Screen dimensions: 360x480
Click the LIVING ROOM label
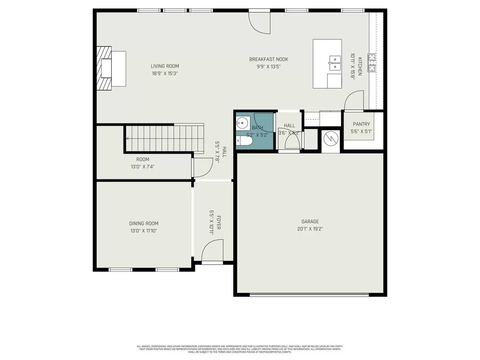point(165,66)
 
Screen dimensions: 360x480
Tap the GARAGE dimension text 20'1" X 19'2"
point(310,229)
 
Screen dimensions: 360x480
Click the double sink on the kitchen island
point(335,63)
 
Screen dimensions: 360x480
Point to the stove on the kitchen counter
point(372,62)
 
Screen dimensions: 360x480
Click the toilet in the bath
point(244,142)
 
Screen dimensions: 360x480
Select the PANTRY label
point(361,124)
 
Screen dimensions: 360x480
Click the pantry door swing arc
point(353,100)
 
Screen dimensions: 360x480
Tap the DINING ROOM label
point(144,223)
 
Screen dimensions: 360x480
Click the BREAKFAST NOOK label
point(269,59)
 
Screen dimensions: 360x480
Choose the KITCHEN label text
point(360,66)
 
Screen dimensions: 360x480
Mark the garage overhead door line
point(309,294)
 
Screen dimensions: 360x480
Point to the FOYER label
point(219,222)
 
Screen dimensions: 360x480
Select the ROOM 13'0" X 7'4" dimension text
point(143,167)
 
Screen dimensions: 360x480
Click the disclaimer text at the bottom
point(240,349)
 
